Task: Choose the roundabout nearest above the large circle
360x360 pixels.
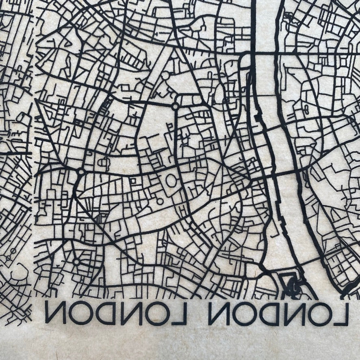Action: click(176, 107)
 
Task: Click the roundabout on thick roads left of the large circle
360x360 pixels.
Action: click(81, 172)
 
